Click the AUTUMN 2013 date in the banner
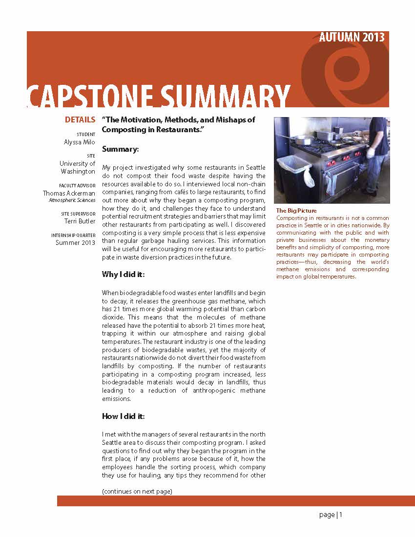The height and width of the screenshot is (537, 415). click(352, 38)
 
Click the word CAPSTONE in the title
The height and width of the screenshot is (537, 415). click(92, 96)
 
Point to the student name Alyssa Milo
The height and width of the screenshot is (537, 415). click(80, 142)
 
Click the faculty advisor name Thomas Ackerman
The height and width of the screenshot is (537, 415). click(69, 193)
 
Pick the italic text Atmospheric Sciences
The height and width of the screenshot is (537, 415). click(72, 200)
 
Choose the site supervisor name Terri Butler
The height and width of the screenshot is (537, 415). click(80, 221)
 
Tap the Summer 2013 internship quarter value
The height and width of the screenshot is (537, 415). click(76, 242)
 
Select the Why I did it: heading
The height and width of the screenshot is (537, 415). click(123, 274)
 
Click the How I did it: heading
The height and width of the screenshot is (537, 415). click(123, 416)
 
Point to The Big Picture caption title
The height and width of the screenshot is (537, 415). click(296, 211)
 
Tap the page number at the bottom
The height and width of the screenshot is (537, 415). click(331, 515)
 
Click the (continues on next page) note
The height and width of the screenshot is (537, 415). click(137, 491)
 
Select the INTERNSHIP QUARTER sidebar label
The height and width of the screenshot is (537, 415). click(76, 235)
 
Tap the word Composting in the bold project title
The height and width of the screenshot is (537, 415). click(123, 129)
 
